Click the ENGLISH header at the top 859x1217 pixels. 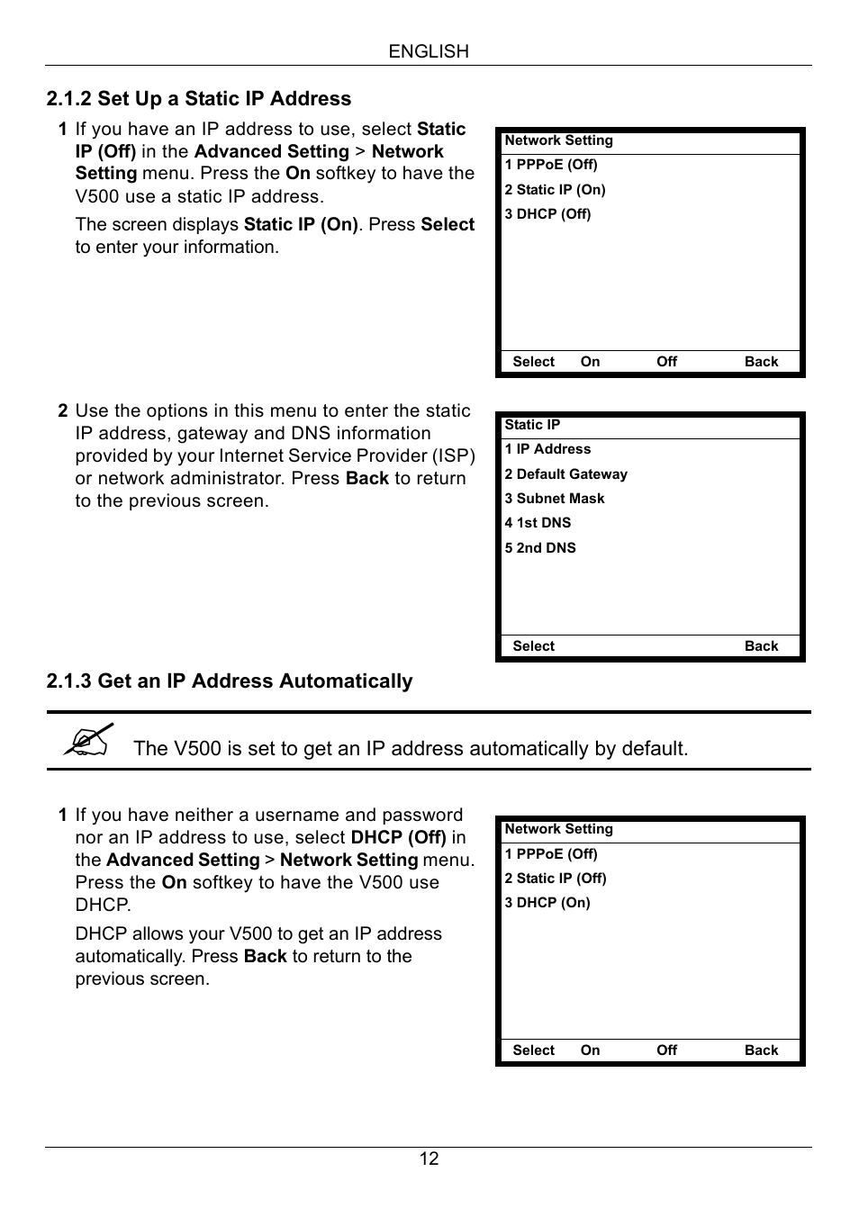click(429, 52)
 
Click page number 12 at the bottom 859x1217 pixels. click(429, 1159)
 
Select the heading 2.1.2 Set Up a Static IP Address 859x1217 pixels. click(199, 99)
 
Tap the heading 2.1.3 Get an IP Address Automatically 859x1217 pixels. click(230, 681)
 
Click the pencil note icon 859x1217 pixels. click(89, 740)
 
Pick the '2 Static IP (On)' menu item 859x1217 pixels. click(555, 190)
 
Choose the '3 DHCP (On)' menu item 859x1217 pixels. click(547, 903)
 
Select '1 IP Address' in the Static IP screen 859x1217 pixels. click(547, 449)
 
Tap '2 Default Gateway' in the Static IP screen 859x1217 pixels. click(565, 474)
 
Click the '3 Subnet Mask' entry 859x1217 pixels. click(555, 499)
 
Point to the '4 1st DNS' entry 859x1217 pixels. click(538, 523)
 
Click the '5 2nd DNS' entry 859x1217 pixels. click(540, 548)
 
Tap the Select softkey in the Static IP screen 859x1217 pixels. click(533, 646)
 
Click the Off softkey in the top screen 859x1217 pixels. click(666, 362)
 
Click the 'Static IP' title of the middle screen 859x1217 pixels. click(532, 425)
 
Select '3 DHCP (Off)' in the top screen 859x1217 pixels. click(547, 214)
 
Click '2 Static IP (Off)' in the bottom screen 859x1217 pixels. click(556, 879)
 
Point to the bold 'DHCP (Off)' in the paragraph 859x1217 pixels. click(398, 837)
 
